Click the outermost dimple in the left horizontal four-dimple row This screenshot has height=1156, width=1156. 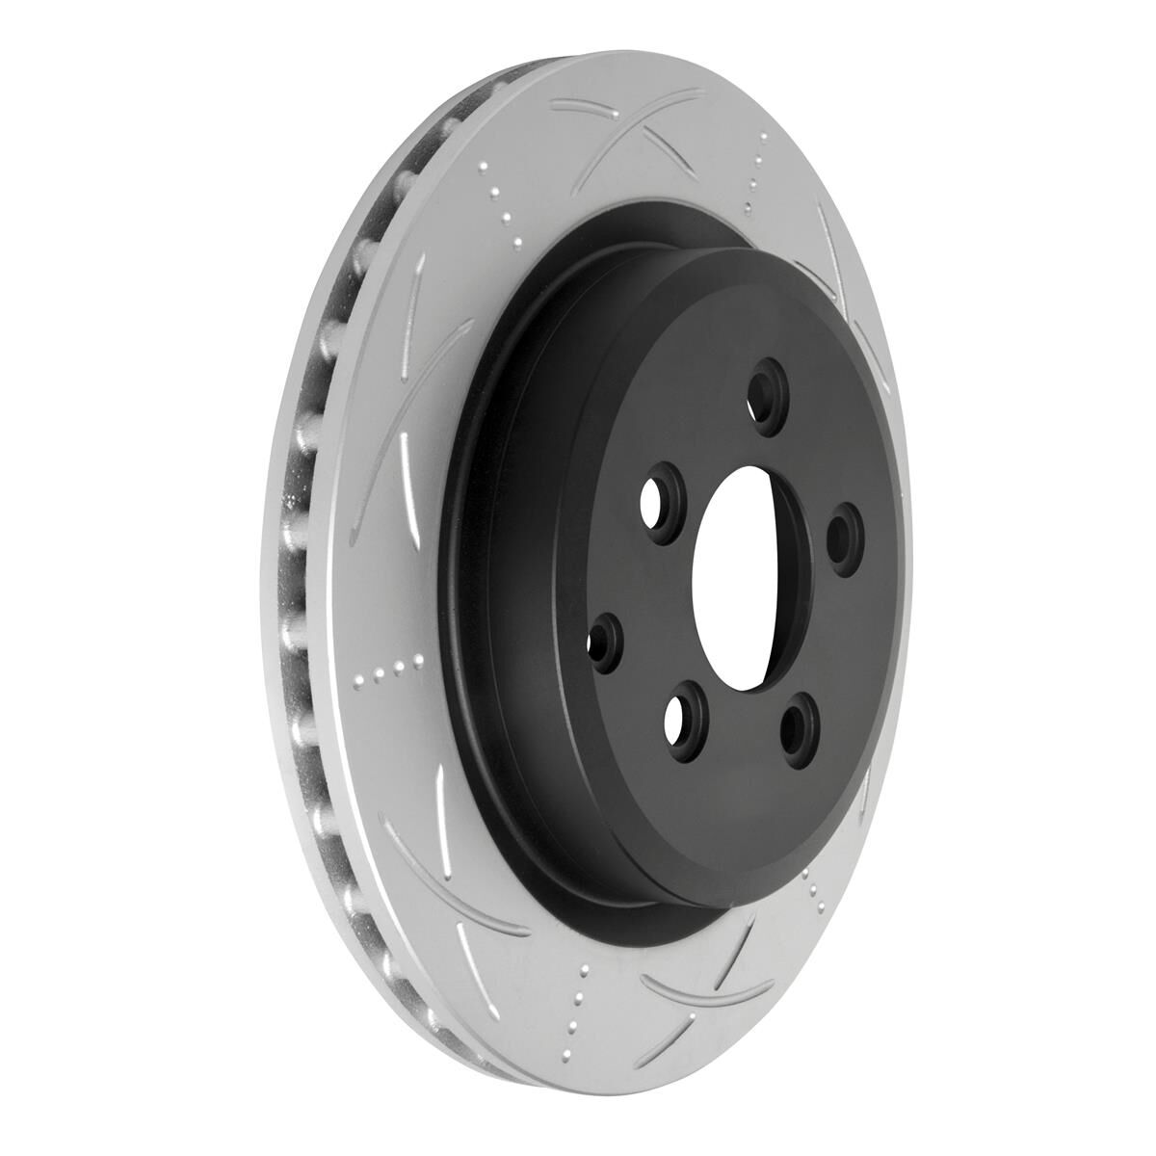click(358, 682)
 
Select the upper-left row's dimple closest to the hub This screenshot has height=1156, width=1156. click(515, 241)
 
